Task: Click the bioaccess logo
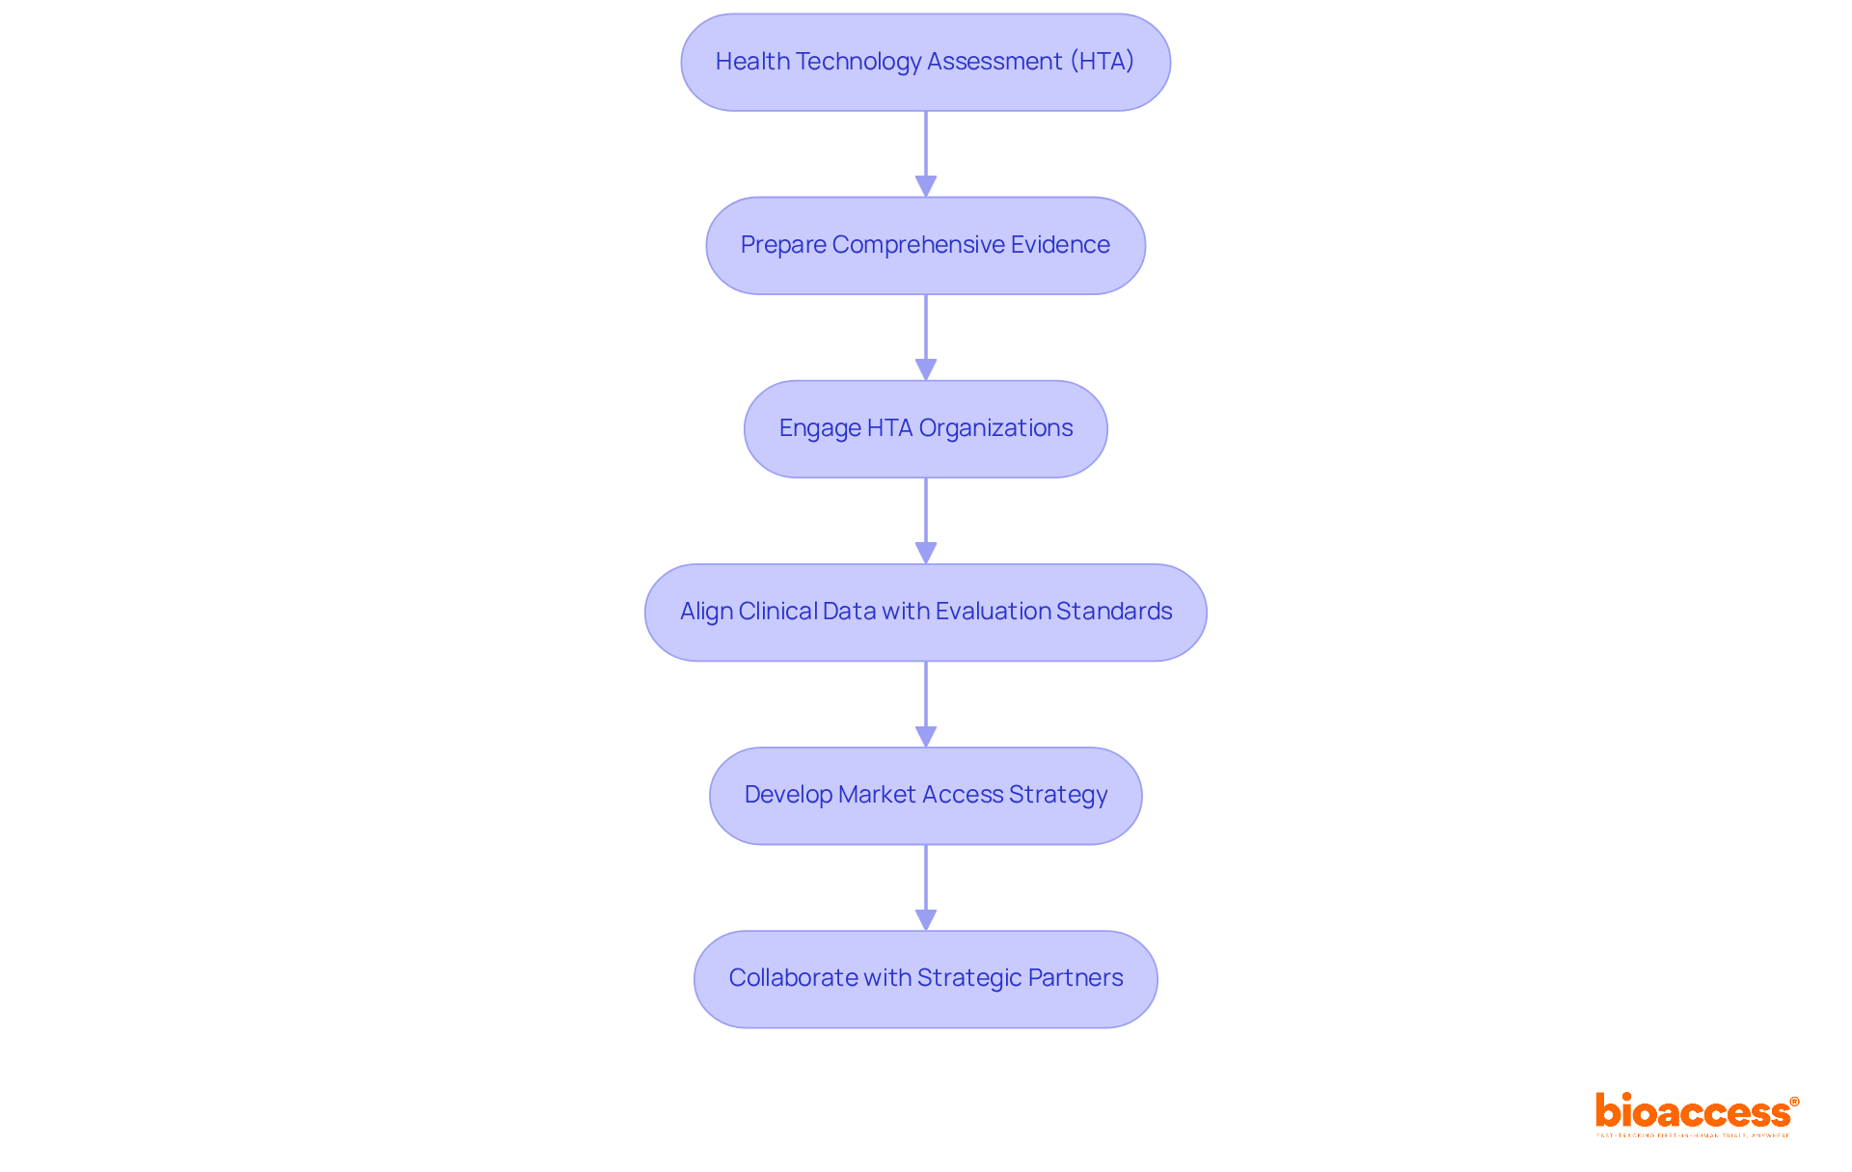point(1696,1113)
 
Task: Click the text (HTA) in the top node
point(1102,62)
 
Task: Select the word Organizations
point(995,428)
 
